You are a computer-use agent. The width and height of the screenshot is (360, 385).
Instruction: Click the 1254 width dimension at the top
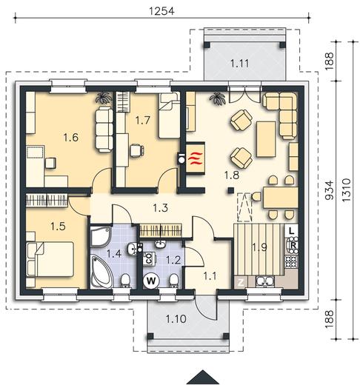[161, 11]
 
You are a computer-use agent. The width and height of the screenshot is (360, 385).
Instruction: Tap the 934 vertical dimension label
[329, 190]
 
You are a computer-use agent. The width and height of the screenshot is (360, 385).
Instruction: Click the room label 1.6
[71, 138]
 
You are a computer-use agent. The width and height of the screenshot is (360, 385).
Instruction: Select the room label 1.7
[143, 120]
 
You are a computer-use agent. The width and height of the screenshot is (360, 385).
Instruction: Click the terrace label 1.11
[240, 64]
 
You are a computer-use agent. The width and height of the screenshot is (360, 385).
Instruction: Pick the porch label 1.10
[176, 319]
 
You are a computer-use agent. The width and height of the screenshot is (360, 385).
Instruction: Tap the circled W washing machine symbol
[151, 281]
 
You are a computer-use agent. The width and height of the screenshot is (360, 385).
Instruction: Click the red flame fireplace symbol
[196, 158]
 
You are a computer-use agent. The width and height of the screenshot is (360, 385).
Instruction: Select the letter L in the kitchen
[292, 231]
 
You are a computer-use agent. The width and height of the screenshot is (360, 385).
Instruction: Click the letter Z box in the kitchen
[240, 283]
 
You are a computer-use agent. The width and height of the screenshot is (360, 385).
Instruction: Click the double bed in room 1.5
[50, 259]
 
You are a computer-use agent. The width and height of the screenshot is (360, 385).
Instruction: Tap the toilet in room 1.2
[174, 281]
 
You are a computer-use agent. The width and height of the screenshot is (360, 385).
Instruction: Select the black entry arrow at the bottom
[202, 378]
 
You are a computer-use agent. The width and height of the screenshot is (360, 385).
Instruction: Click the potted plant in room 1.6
[104, 98]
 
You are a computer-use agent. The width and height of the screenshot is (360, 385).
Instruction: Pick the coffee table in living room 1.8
[266, 139]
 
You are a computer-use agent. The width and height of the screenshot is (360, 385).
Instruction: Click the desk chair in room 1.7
[137, 150]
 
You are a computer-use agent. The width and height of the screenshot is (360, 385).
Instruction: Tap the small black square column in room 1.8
[230, 190]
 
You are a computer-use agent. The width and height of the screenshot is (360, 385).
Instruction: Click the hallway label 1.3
[161, 207]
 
